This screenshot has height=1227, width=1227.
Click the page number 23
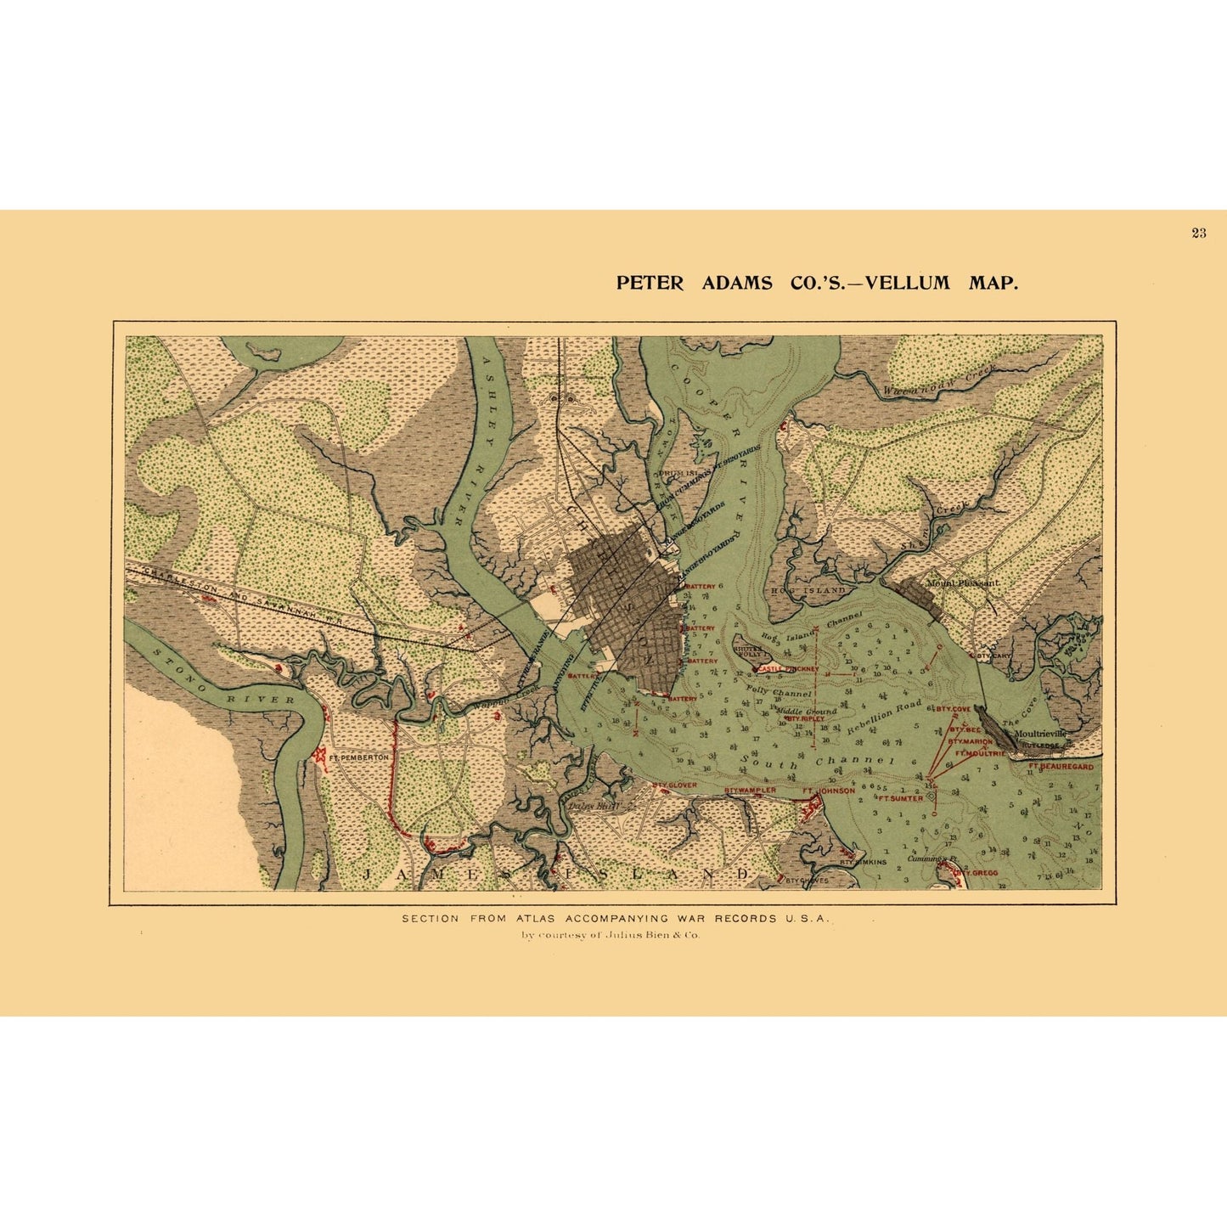coord(1198,234)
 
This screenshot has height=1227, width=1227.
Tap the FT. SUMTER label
coord(900,798)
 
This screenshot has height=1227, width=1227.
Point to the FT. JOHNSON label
coord(829,791)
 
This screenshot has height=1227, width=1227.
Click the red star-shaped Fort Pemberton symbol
coord(321,753)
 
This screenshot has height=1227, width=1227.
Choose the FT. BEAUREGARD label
coord(1061,766)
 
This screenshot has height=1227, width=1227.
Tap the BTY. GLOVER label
coord(674,785)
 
